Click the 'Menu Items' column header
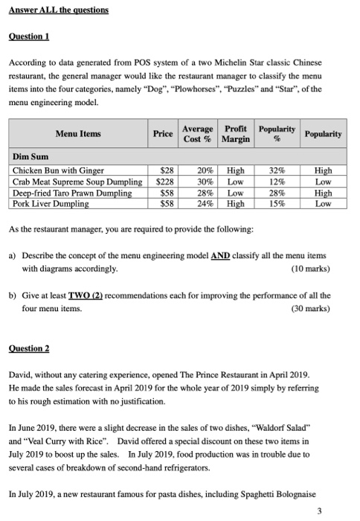(79, 134)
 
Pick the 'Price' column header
(163, 134)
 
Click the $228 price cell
(163, 182)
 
